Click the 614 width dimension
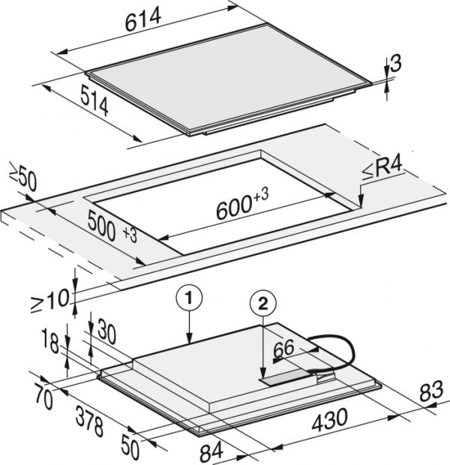point(143,19)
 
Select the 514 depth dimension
point(94,100)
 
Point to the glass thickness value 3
point(396,63)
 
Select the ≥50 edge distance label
point(22,176)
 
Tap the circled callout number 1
point(189,298)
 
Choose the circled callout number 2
point(262,304)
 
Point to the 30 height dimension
point(106,331)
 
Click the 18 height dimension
point(50,340)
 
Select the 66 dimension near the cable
point(284,349)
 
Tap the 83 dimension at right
point(431,391)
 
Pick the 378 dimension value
point(89,421)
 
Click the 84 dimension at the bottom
point(211,451)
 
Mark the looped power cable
point(332,354)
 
